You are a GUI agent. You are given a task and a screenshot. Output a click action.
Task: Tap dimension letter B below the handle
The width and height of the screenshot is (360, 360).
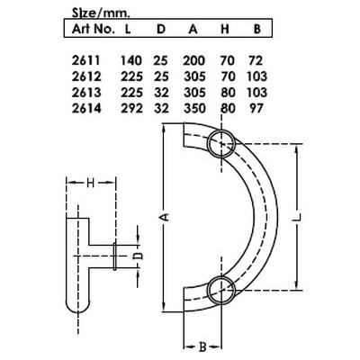tap(204, 345)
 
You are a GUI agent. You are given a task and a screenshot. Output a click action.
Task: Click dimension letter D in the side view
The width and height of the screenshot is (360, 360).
tap(136, 255)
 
